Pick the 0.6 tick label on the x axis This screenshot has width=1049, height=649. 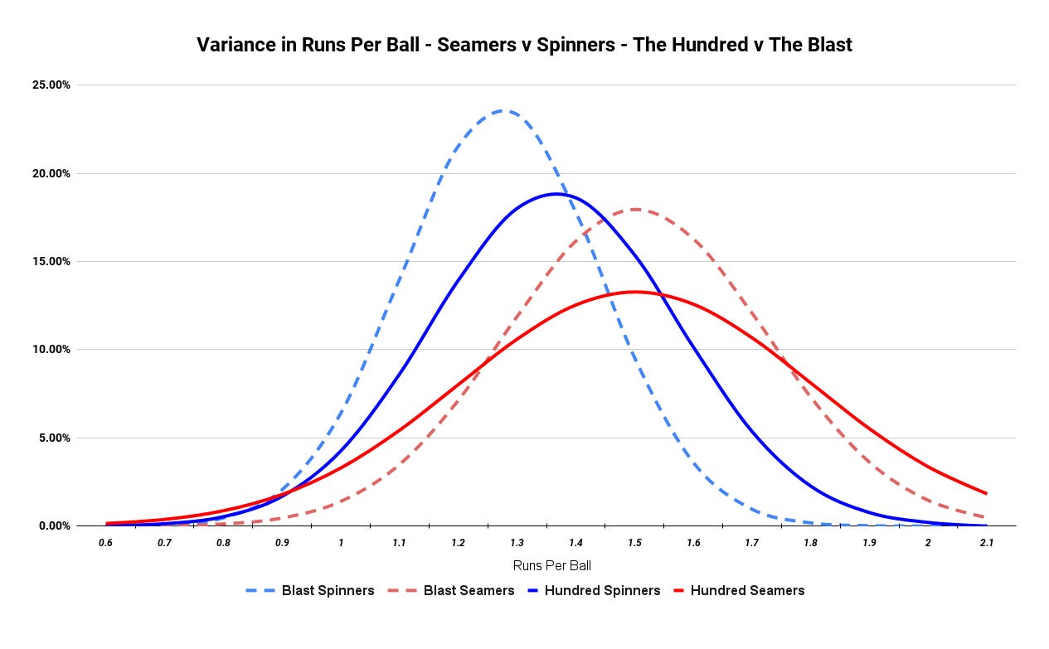tap(106, 543)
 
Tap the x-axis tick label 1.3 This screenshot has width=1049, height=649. tap(517, 543)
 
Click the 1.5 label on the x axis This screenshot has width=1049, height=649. tap(634, 543)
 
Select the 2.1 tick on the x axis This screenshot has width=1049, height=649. tap(986, 543)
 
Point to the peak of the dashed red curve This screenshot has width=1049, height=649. tap(635, 209)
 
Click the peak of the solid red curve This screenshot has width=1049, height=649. tap(634, 292)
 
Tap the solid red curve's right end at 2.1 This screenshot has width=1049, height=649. tap(986, 493)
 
